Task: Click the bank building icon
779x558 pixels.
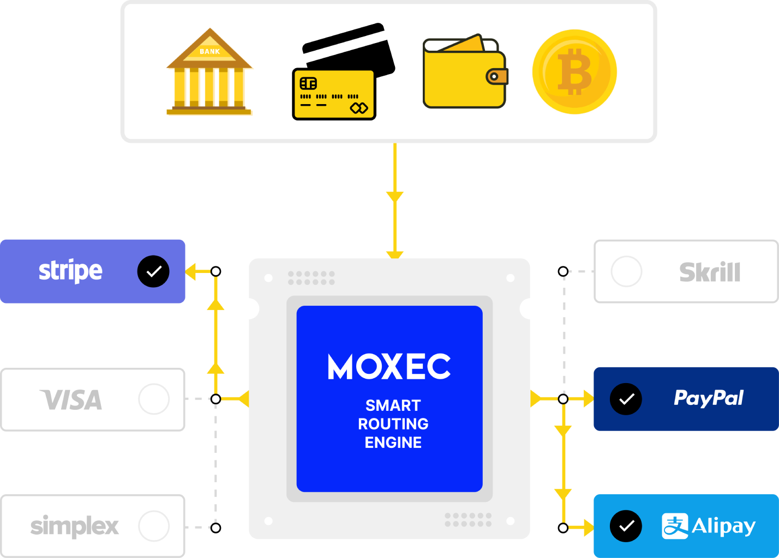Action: (x=209, y=71)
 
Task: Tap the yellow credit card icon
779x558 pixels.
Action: (x=334, y=94)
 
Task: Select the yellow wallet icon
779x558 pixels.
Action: (x=464, y=73)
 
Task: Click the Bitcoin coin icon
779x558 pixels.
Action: (x=574, y=71)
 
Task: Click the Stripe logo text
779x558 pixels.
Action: (x=70, y=271)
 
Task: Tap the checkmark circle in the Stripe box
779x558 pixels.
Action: (x=153, y=271)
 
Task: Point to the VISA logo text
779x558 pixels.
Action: (x=71, y=400)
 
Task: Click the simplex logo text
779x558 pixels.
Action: (x=74, y=526)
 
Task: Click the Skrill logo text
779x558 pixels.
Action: (x=709, y=272)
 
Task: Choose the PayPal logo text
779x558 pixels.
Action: (x=708, y=398)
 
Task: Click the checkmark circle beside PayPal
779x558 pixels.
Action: (x=626, y=399)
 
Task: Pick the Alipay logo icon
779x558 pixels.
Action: (x=675, y=526)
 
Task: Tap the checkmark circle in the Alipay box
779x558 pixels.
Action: (x=626, y=526)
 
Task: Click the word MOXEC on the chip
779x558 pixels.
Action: (x=389, y=367)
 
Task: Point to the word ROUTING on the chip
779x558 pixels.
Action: (x=393, y=424)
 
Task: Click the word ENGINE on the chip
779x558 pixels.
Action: (x=393, y=442)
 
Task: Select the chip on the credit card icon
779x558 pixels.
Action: (x=308, y=83)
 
